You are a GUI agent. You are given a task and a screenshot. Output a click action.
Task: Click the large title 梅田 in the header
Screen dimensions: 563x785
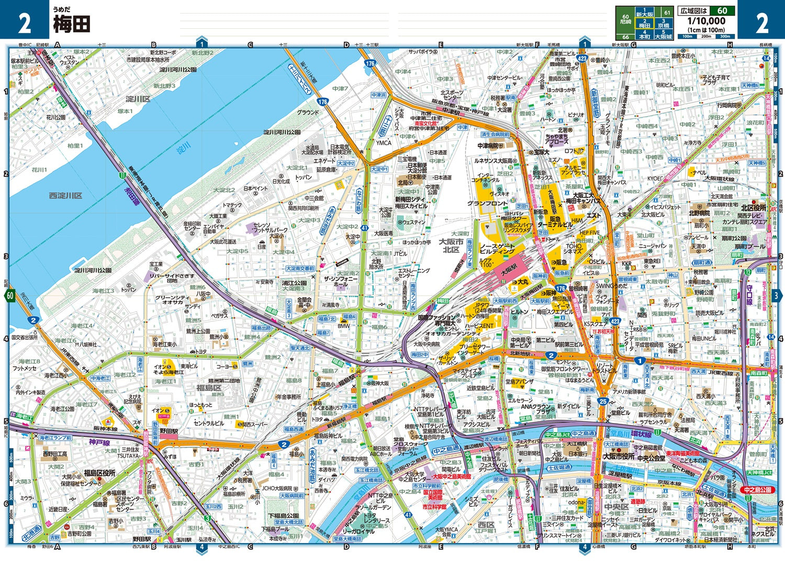tap(72, 24)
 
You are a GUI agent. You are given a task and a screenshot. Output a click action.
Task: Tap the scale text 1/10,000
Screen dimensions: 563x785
tap(706, 21)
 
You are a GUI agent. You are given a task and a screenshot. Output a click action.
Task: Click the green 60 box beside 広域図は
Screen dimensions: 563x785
tap(722, 10)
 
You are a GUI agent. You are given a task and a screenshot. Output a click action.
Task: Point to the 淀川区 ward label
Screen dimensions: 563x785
tap(138, 99)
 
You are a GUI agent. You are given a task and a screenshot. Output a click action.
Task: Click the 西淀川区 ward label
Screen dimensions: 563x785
tap(65, 196)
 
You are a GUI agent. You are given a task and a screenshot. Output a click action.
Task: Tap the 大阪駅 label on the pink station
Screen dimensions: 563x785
tap(508, 272)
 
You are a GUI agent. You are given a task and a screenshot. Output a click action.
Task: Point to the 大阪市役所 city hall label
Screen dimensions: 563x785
tap(619, 456)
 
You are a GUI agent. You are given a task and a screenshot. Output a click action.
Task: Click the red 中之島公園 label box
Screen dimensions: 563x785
tap(757, 490)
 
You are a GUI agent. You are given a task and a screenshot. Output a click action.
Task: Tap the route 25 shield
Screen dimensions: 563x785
tap(603, 401)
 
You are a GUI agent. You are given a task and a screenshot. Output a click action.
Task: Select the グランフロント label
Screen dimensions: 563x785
tap(487, 204)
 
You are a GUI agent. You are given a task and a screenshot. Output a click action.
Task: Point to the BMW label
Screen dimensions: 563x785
tap(343, 326)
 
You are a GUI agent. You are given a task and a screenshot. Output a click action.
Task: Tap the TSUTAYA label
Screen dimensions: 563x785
tap(128, 456)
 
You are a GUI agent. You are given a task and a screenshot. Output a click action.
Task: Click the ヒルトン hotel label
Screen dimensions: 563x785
tap(519, 311)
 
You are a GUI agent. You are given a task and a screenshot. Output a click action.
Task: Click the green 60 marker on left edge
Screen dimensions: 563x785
tap(10, 296)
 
